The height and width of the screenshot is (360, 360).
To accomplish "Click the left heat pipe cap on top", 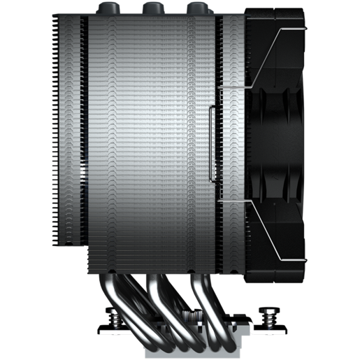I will pos(107,8).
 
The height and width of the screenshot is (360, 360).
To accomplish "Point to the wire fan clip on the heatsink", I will pos(212,140).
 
